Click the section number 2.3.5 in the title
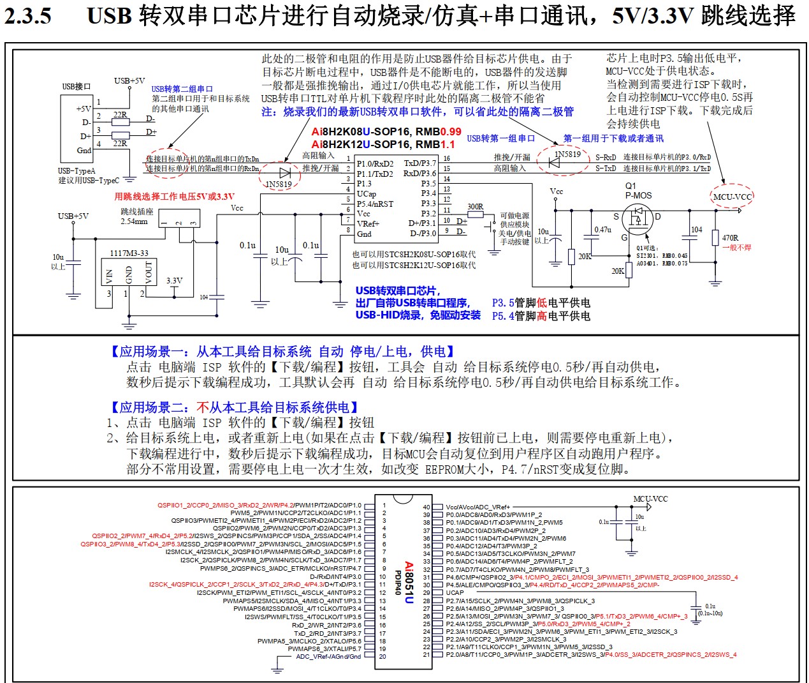tap(28, 15)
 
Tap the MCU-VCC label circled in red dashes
tap(732, 197)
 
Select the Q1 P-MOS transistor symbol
tap(637, 217)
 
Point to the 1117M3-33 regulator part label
tap(129, 253)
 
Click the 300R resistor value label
tap(476, 206)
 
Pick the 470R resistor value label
tap(731, 237)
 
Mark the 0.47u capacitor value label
tap(602, 230)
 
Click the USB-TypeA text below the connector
tap(77, 170)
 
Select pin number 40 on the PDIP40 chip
tap(426, 507)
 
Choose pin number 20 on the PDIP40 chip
tap(383, 656)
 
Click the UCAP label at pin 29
tap(455, 592)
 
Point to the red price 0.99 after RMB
tap(450, 131)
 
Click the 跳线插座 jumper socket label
tap(136, 212)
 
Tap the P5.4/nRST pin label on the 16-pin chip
tap(375, 204)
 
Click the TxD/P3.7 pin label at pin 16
tap(420, 163)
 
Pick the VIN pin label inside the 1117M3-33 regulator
tap(110, 276)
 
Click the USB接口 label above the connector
tap(77, 87)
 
